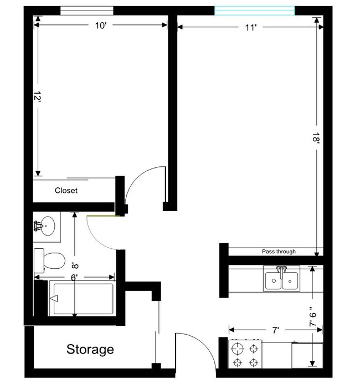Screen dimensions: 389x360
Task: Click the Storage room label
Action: (90, 350)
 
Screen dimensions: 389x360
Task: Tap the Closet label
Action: (66, 191)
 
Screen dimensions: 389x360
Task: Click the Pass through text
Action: (279, 252)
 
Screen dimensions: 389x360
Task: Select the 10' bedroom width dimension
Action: (100, 25)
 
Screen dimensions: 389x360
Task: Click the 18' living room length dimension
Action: (316, 138)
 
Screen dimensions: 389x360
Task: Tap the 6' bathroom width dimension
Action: (74, 275)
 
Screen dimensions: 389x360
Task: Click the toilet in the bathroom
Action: (49, 259)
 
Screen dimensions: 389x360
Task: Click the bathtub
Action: (81, 299)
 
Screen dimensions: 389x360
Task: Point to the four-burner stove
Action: (245, 355)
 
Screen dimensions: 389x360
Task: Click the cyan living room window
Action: (254, 10)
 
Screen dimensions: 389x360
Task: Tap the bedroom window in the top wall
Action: (86, 10)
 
